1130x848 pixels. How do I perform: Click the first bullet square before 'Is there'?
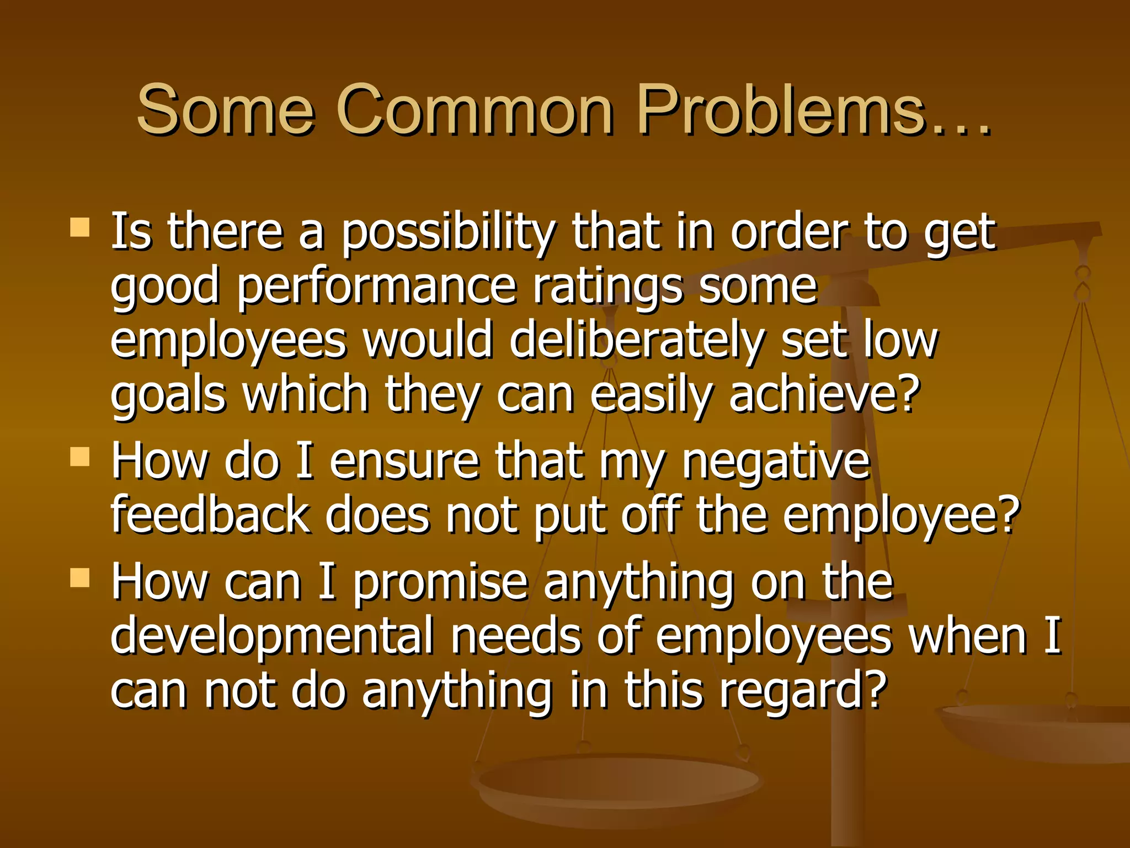point(80,227)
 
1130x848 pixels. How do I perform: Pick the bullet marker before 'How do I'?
point(80,457)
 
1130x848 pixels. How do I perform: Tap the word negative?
point(776,462)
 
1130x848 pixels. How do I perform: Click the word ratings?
point(607,287)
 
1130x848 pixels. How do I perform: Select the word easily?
point(651,395)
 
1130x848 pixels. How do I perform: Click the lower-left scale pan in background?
point(618,784)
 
